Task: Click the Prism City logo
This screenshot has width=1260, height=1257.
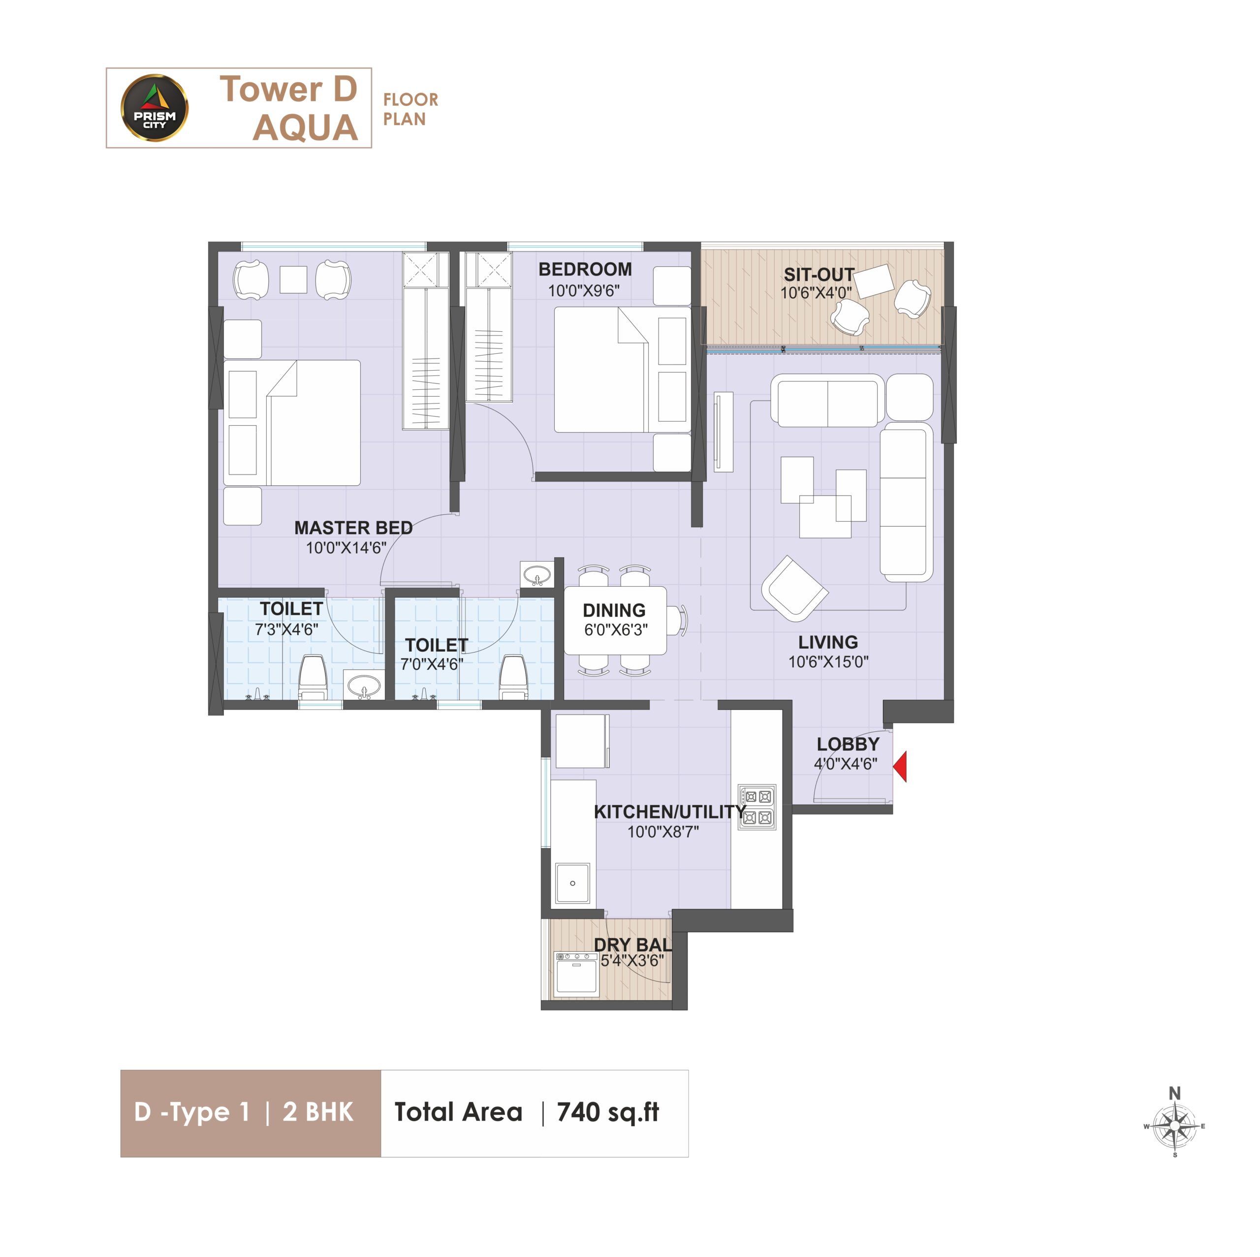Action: coord(155,108)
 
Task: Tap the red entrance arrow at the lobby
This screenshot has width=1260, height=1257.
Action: coord(900,766)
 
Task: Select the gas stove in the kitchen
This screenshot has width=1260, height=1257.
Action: coord(757,807)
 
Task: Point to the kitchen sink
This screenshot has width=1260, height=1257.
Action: coord(572,883)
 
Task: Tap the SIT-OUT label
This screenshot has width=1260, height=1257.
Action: coord(819,275)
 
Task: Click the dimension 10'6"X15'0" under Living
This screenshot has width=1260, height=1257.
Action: coord(828,662)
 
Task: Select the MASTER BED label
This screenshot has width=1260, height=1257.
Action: coord(353,528)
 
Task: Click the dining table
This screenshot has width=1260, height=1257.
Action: coord(615,620)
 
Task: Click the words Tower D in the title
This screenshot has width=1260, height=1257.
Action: coord(288,90)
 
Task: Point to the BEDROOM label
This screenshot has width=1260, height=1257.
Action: coord(585,269)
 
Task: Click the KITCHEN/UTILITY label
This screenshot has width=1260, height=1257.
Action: coord(670,812)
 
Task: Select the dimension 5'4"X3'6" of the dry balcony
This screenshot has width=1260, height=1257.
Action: coord(632,961)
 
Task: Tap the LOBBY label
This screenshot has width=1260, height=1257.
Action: coord(848,744)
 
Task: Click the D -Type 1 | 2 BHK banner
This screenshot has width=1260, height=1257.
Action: coord(251,1113)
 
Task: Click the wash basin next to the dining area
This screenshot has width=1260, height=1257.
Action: coord(537,575)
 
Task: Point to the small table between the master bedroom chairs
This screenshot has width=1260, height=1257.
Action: coord(293,280)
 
